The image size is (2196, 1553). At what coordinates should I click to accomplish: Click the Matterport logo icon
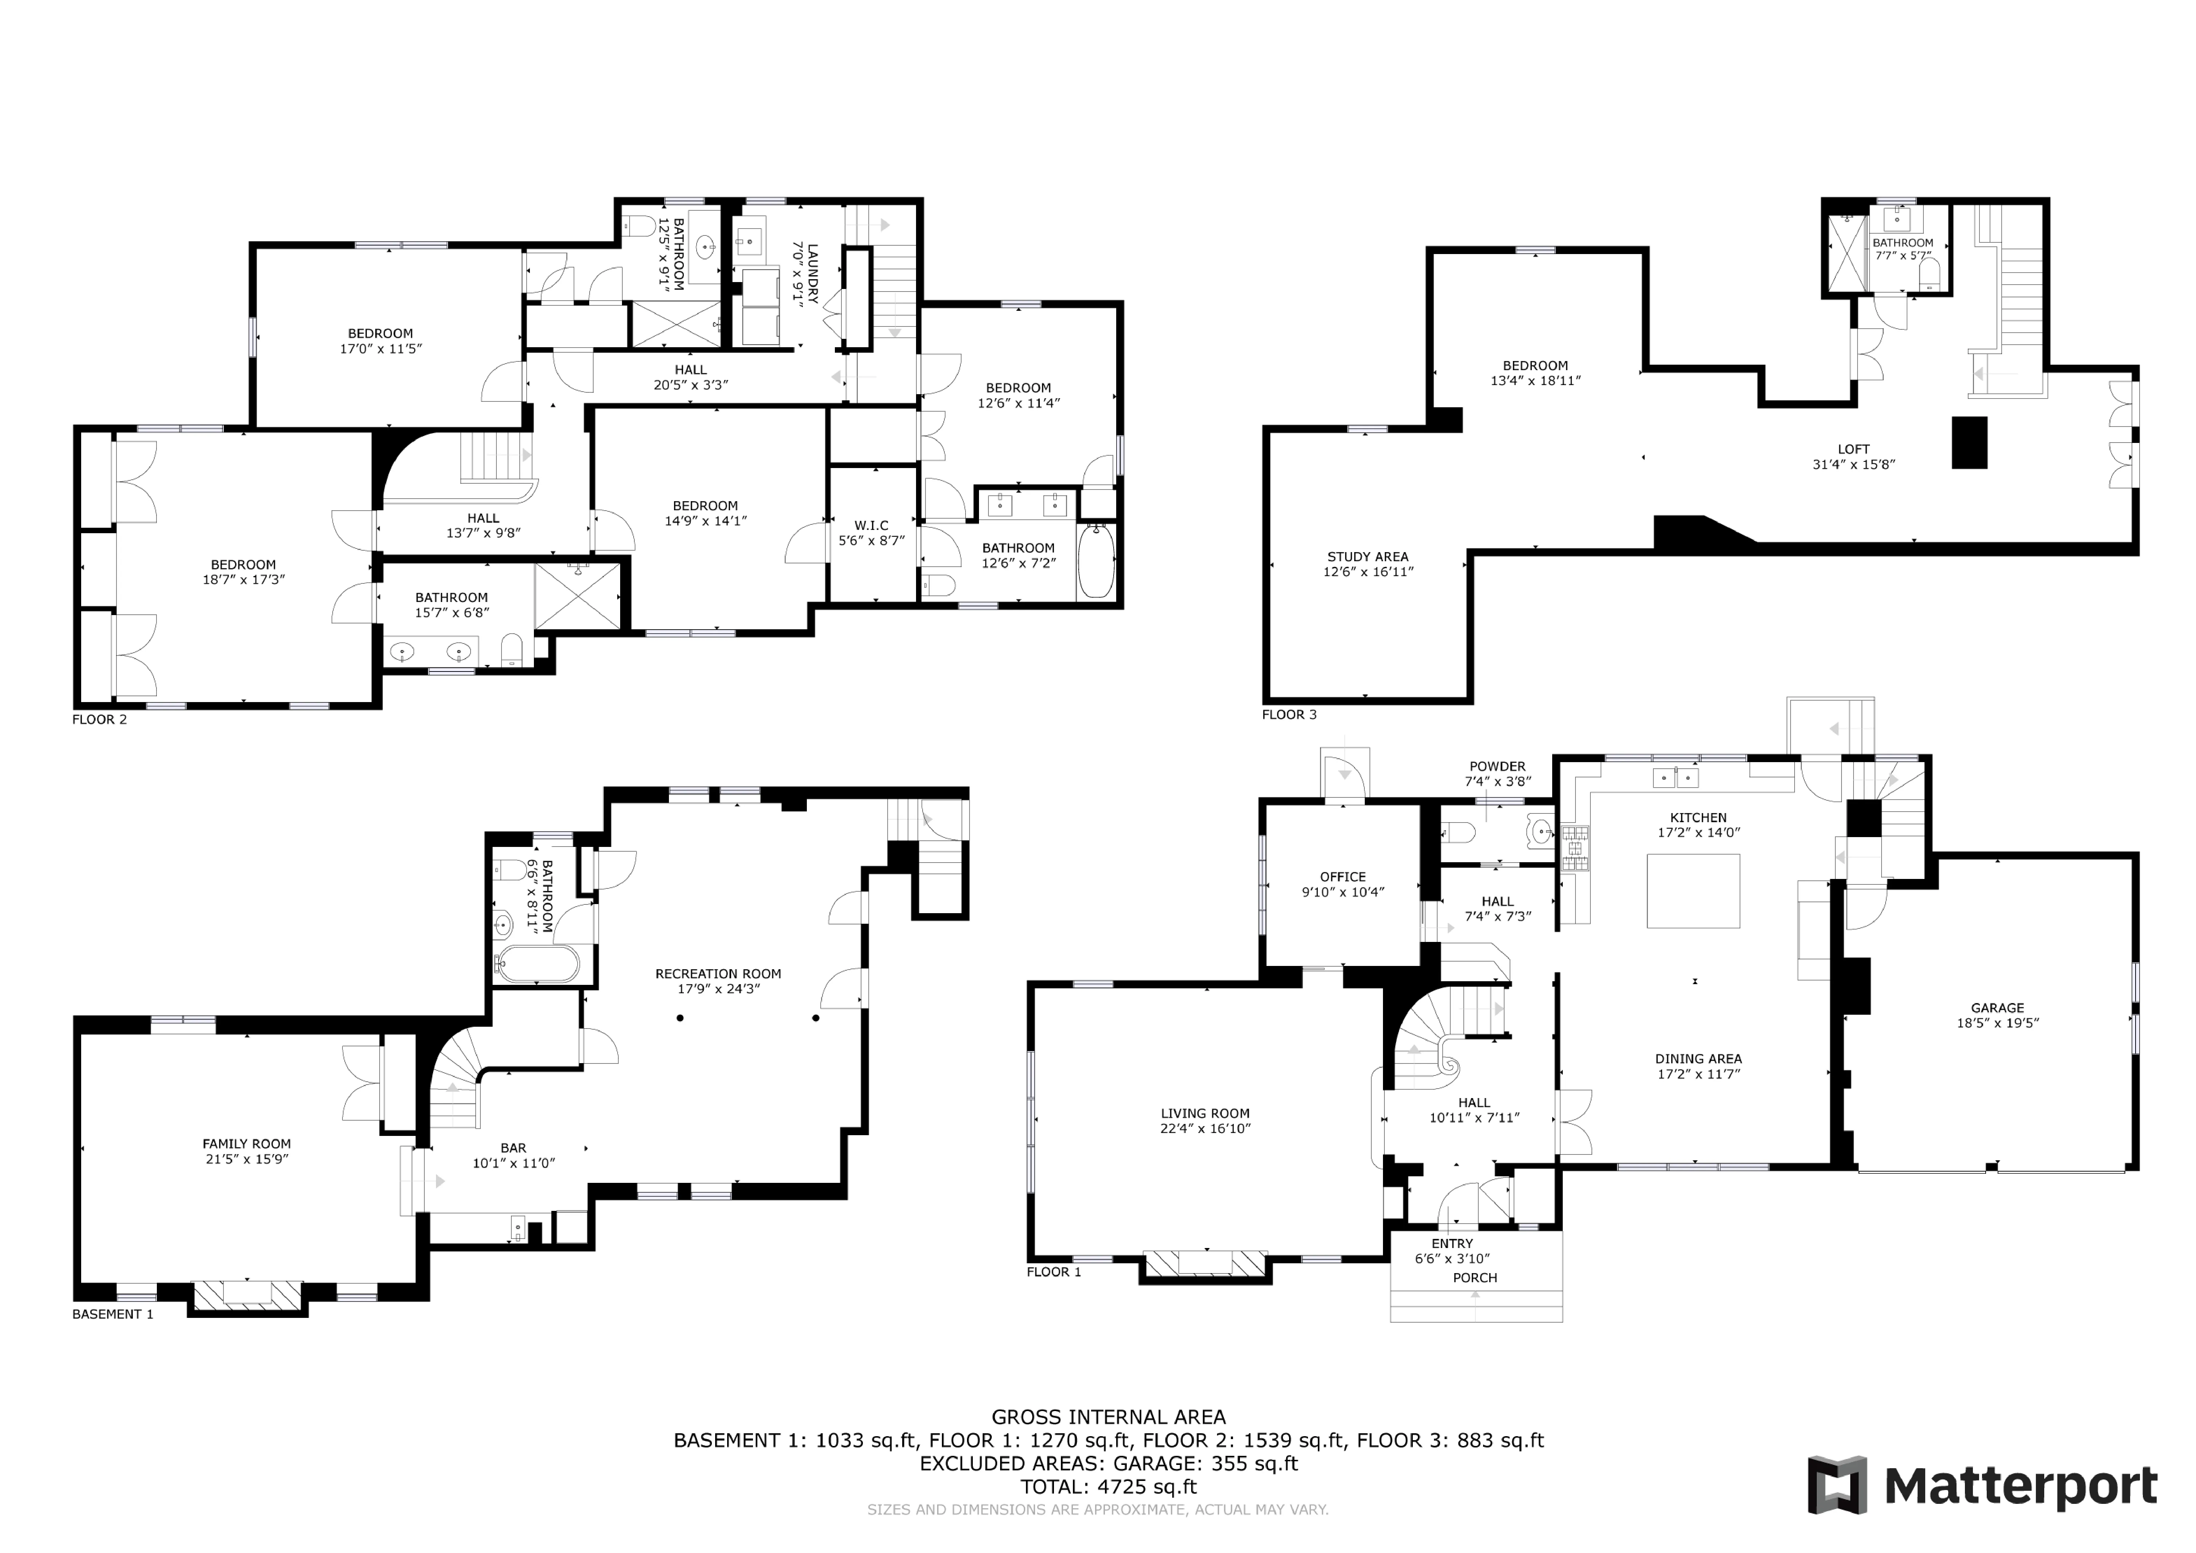pyautogui.click(x=1836, y=1485)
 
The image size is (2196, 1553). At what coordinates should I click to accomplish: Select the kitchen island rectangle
pyautogui.click(x=1693, y=890)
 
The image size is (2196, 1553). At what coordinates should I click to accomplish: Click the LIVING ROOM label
pyautogui.click(x=1205, y=1113)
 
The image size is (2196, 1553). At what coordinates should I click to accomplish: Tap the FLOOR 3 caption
pyautogui.click(x=1288, y=714)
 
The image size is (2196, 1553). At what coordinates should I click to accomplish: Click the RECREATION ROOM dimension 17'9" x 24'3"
pyautogui.click(x=718, y=989)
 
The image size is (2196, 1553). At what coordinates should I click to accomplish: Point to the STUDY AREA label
pyautogui.click(x=1368, y=556)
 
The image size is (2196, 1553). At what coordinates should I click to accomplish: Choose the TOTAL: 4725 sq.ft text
pyautogui.click(x=1109, y=1487)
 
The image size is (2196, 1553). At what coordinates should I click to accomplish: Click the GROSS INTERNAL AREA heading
pyautogui.click(x=1109, y=1417)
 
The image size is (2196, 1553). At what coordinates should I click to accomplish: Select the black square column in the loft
pyautogui.click(x=1969, y=443)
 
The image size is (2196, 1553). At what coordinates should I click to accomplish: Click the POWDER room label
pyautogui.click(x=1497, y=766)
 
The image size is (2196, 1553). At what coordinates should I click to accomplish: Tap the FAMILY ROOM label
pyautogui.click(x=247, y=1144)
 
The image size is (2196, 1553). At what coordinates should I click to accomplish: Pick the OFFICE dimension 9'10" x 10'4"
pyautogui.click(x=1343, y=892)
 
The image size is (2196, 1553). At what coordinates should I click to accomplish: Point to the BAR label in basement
pyautogui.click(x=514, y=1148)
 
